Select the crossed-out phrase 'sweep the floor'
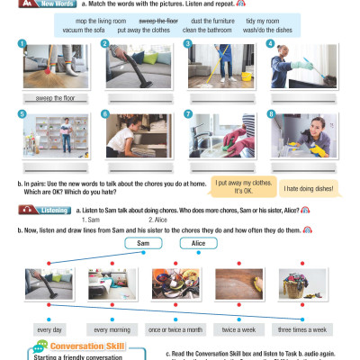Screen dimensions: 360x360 pyautogui.click(x=157, y=19)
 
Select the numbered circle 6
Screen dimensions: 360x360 pyautogui.click(x=105, y=115)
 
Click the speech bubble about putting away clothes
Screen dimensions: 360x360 pyautogui.click(x=242, y=186)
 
